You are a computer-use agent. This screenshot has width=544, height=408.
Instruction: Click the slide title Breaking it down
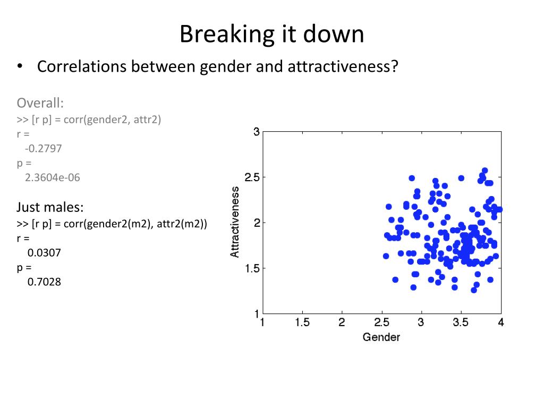click(x=271, y=35)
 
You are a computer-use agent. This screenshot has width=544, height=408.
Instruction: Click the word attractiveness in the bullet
click(x=343, y=67)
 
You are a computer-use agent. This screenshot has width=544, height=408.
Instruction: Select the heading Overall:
click(x=40, y=102)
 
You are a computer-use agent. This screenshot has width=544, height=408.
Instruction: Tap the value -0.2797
click(x=44, y=149)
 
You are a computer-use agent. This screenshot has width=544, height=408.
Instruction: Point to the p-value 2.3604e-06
click(x=52, y=178)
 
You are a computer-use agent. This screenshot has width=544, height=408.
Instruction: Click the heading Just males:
click(x=50, y=206)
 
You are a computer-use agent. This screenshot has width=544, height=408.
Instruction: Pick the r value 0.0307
click(x=44, y=253)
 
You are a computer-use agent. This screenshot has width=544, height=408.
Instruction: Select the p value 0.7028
click(x=44, y=282)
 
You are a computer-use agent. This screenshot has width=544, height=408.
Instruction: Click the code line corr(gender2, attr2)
click(x=112, y=120)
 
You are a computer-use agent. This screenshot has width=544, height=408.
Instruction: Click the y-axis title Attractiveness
click(x=235, y=222)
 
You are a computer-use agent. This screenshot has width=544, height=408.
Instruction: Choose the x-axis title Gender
click(x=381, y=337)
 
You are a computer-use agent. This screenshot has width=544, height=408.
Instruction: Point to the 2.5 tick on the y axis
click(x=251, y=177)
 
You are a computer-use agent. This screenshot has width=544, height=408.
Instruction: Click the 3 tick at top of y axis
click(x=257, y=132)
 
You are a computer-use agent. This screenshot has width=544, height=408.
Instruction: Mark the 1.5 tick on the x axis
click(x=302, y=322)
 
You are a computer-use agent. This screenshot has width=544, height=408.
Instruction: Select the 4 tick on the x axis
click(x=500, y=322)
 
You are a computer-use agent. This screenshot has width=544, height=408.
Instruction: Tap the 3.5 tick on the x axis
click(x=461, y=322)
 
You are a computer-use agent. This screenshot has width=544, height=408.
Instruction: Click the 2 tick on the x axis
click(x=342, y=322)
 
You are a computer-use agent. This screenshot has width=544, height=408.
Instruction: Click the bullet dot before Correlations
click(x=20, y=67)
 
